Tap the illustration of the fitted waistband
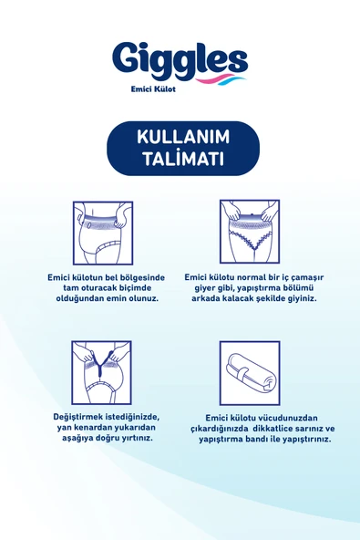[102, 233]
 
